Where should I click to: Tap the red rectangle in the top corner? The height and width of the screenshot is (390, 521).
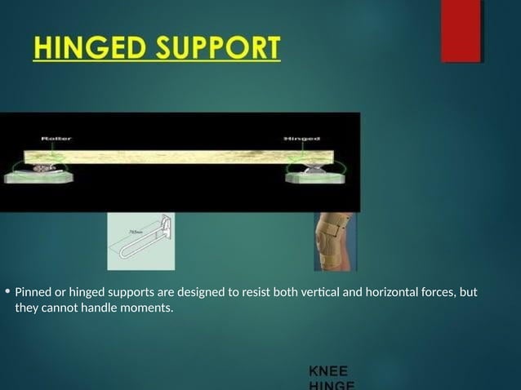coord(461,30)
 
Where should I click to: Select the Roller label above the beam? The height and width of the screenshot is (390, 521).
coord(56,139)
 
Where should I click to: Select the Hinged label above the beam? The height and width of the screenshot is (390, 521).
coord(301,139)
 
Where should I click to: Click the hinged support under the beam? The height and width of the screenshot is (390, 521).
coord(314,171)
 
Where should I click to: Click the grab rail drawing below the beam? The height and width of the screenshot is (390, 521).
coord(141,242)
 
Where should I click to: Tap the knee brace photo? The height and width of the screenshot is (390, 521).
coord(335,242)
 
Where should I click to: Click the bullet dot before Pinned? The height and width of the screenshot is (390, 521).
coord(7,291)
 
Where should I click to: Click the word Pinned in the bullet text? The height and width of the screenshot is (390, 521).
coord(34,292)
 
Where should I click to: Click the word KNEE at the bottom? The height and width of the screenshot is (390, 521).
coord(328,371)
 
